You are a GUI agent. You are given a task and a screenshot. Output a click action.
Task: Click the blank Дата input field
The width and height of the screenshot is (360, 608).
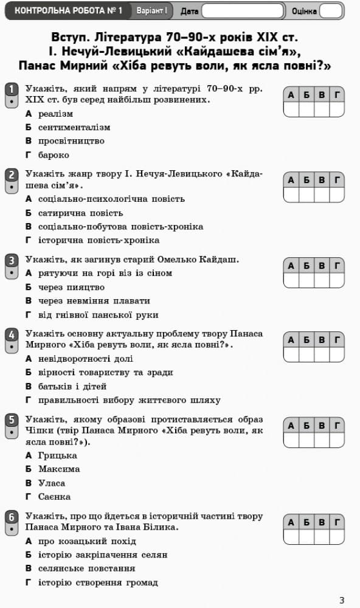pos(243,11)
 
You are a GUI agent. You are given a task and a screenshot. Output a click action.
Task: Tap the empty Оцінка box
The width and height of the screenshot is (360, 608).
pos(331,11)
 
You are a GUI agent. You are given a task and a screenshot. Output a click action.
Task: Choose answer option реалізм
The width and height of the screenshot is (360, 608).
pos(55,114)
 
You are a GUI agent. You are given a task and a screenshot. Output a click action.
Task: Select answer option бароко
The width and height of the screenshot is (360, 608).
pos(54,155)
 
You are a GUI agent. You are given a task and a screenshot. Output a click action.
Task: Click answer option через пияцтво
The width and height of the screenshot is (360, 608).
pos(71,287)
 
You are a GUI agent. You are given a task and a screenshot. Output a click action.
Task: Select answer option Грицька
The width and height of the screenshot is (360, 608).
pos(57,455)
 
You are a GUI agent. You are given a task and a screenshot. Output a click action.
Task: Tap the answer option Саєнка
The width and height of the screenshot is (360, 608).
pos(54,496)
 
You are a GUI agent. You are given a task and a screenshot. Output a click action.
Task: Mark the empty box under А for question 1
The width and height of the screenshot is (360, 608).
pos(291,109)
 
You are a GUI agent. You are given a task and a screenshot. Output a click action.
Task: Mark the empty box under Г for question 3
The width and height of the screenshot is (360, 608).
pos(337,280)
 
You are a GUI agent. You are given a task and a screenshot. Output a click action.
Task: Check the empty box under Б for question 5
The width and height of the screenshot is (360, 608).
pos(306,440)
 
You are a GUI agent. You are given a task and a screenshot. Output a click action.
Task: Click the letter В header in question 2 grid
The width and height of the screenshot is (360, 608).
pos(322,180)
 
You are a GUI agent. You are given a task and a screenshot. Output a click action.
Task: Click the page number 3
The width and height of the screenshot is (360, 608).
pos(342,600)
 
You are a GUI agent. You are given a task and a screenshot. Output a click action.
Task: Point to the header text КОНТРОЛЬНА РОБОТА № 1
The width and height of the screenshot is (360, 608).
pos(68,11)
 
